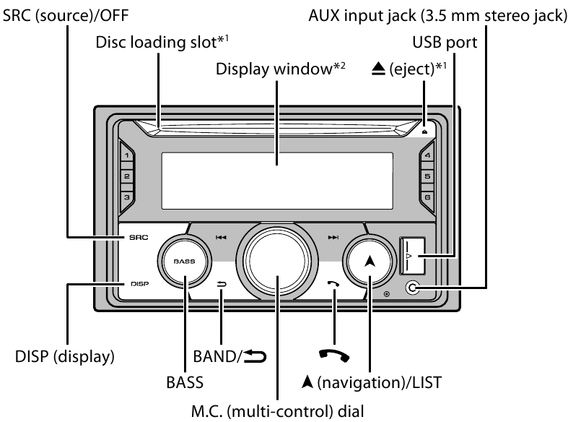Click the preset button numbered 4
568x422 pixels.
[x=428, y=155]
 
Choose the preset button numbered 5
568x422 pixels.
[x=428, y=176]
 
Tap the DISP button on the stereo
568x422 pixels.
[x=139, y=284]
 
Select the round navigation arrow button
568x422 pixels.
[x=370, y=262]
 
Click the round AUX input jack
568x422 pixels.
[x=412, y=288]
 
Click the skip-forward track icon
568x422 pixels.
[x=333, y=236]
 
